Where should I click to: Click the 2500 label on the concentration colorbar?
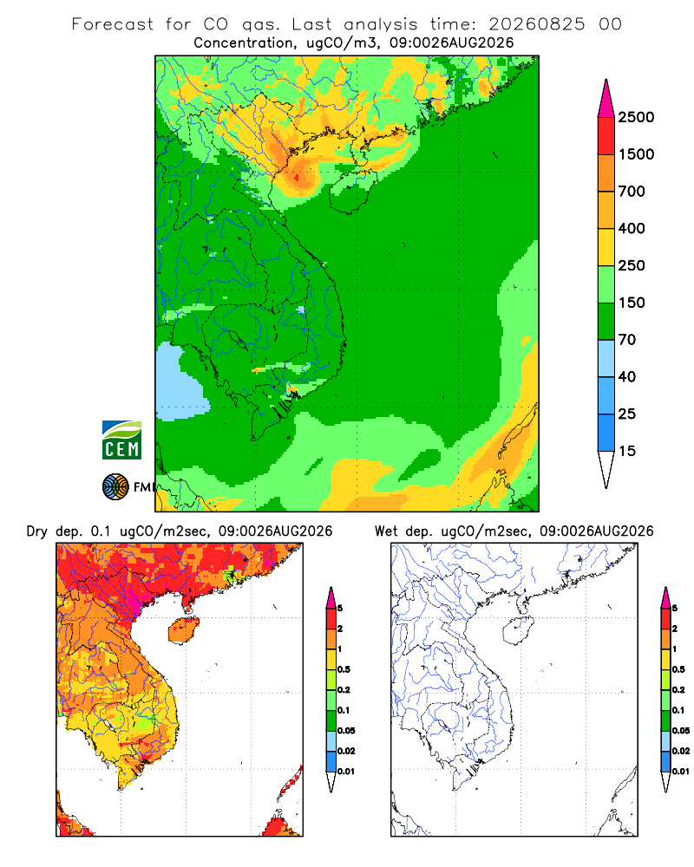click(636, 117)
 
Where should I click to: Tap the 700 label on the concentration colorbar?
click(632, 192)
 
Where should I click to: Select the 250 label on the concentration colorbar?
click(632, 265)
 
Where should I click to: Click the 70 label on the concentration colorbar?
click(627, 340)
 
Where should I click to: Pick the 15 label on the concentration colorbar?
click(627, 451)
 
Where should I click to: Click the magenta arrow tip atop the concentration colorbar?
click(606, 99)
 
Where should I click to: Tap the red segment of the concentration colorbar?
click(606, 136)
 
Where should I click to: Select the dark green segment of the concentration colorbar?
click(606, 322)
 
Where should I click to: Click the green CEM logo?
click(121, 440)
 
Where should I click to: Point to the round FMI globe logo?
click(115, 487)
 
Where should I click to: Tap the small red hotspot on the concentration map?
click(298, 178)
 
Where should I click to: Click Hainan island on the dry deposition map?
click(183, 630)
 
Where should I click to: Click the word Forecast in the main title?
click(113, 24)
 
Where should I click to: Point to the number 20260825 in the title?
click(536, 24)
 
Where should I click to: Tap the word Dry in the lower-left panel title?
click(37, 532)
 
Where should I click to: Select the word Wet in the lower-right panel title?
click(386, 531)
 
